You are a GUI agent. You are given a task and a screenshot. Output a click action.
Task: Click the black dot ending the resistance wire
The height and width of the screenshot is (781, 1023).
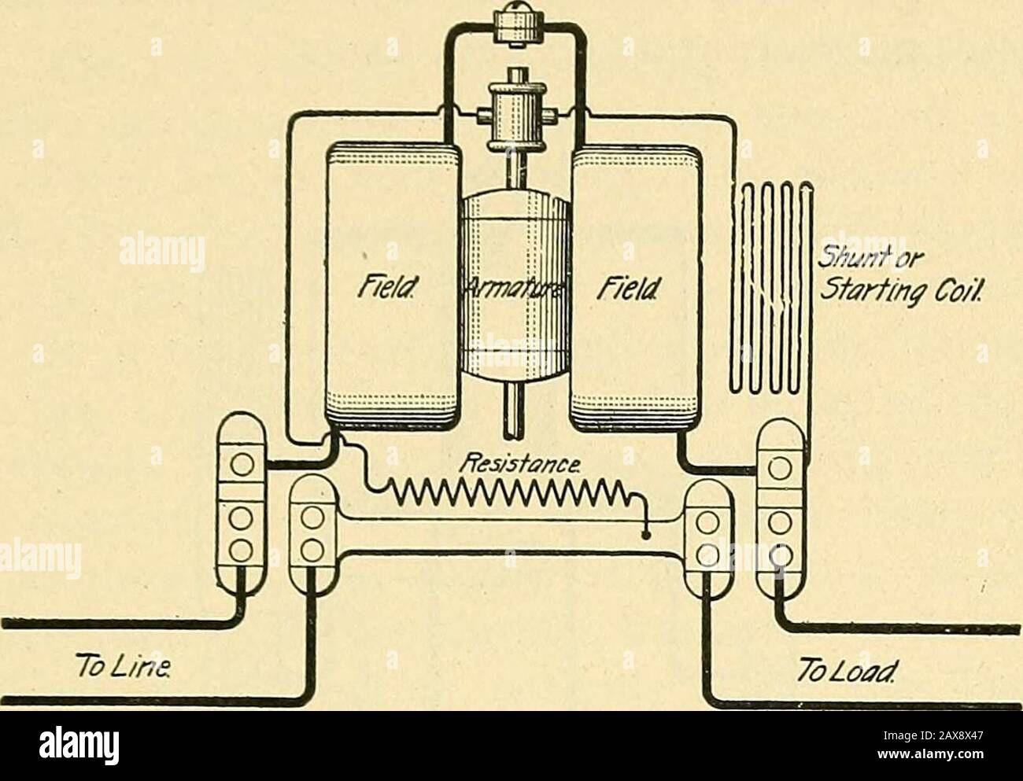(x=646, y=535)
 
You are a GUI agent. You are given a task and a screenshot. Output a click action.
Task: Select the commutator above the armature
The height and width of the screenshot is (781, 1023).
(x=517, y=112)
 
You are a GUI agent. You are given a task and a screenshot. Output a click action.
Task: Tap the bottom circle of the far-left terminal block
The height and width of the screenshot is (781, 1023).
(x=242, y=550)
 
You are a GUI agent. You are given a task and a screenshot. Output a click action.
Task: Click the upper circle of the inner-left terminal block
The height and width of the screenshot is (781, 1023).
(x=312, y=518)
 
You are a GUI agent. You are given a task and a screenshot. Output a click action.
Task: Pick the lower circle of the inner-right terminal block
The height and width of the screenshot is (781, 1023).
(x=708, y=555)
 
